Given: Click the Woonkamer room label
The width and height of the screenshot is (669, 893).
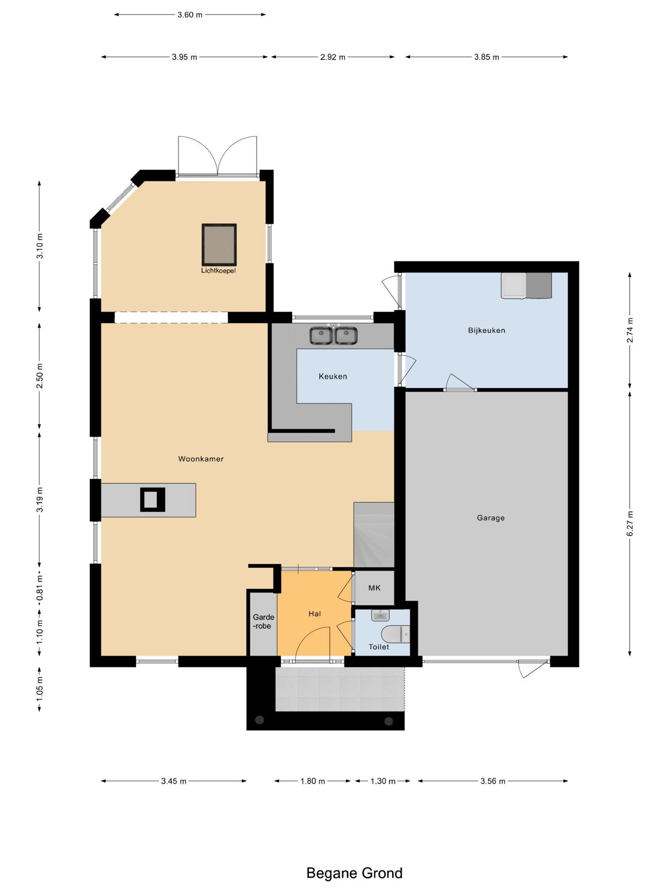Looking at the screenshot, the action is [x=201, y=459].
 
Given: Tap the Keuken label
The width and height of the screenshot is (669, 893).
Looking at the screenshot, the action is [x=333, y=376].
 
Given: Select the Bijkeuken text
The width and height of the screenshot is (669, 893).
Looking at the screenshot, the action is [x=486, y=331].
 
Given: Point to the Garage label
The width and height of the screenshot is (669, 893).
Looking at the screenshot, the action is [x=491, y=518].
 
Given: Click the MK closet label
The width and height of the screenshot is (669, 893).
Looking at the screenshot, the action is [x=374, y=588].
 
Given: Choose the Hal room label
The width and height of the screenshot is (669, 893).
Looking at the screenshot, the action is [x=315, y=614].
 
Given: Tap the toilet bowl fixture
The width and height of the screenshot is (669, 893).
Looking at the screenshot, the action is [x=395, y=633].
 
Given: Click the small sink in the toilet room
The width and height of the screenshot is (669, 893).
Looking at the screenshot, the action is [x=380, y=615].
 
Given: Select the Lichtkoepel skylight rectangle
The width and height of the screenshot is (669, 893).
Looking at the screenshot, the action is [x=219, y=245].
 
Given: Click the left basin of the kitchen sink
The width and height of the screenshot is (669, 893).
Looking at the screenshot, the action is [x=321, y=336].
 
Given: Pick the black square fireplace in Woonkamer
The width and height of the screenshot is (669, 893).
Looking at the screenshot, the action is [x=152, y=500].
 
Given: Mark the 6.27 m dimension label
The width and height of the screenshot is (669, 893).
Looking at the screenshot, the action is [x=630, y=523].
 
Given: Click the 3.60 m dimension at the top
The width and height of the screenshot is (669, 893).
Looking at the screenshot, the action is [x=190, y=15].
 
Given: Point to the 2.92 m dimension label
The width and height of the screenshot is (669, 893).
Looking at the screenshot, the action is [x=333, y=57].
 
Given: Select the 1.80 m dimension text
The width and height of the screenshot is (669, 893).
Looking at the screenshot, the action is [x=313, y=781].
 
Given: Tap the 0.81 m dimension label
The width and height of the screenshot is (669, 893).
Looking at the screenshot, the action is [x=39, y=588].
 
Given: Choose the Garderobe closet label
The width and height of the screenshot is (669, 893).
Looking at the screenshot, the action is [x=263, y=621].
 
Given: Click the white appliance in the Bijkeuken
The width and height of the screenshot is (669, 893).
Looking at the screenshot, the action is [x=513, y=285].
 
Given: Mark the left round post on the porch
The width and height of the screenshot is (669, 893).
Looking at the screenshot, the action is [x=260, y=720].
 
